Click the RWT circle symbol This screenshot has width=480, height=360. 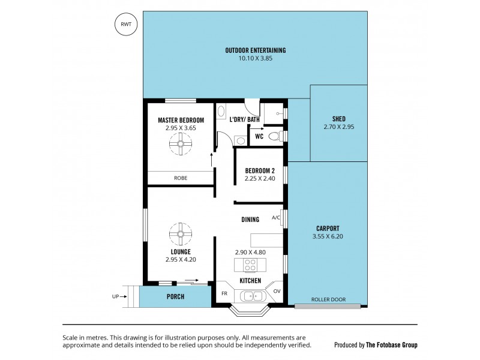click(x=126, y=25)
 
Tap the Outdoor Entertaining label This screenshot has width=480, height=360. click(x=255, y=50)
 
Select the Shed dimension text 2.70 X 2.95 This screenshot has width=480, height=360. click(x=339, y=127)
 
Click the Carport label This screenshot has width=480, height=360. click(x=328, y=228)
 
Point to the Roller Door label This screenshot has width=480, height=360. click(x=328, y=299)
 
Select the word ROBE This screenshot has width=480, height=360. click(x=181, y=178)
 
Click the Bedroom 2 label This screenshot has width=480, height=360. click(x=259, y=170)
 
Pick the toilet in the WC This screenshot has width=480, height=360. click(x=275, y=137)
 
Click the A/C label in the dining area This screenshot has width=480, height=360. click(x=277, y=217)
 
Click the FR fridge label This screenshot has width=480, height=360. click(x=224, y=293)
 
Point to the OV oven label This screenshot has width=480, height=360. click(x=277, y=292)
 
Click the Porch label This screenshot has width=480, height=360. click(x=175, y=297)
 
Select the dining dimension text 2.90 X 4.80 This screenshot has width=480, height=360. click(x=250, y=253)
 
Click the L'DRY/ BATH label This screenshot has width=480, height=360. click(x=244, y=120)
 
